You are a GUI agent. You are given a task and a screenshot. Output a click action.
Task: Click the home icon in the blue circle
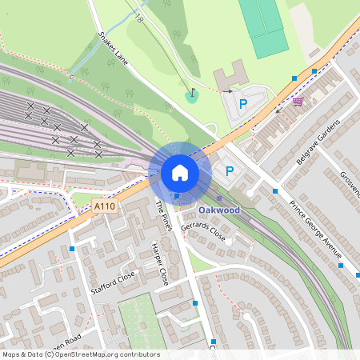[x=179, y=172]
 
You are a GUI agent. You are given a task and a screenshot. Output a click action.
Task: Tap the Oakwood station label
[x=218, y=210]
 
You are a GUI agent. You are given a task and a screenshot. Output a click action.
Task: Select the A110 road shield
[x=103, y=206]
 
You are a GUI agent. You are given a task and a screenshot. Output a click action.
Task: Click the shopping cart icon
[x=298, y=102]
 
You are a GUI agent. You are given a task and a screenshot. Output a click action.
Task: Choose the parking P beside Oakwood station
[x=230, y=170]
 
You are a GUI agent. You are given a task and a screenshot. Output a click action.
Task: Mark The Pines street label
[x=163, y=214]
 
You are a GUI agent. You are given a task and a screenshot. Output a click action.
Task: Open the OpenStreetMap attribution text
[x=80, y=354]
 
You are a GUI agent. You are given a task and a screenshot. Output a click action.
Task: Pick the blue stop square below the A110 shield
[x=72, y=249]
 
